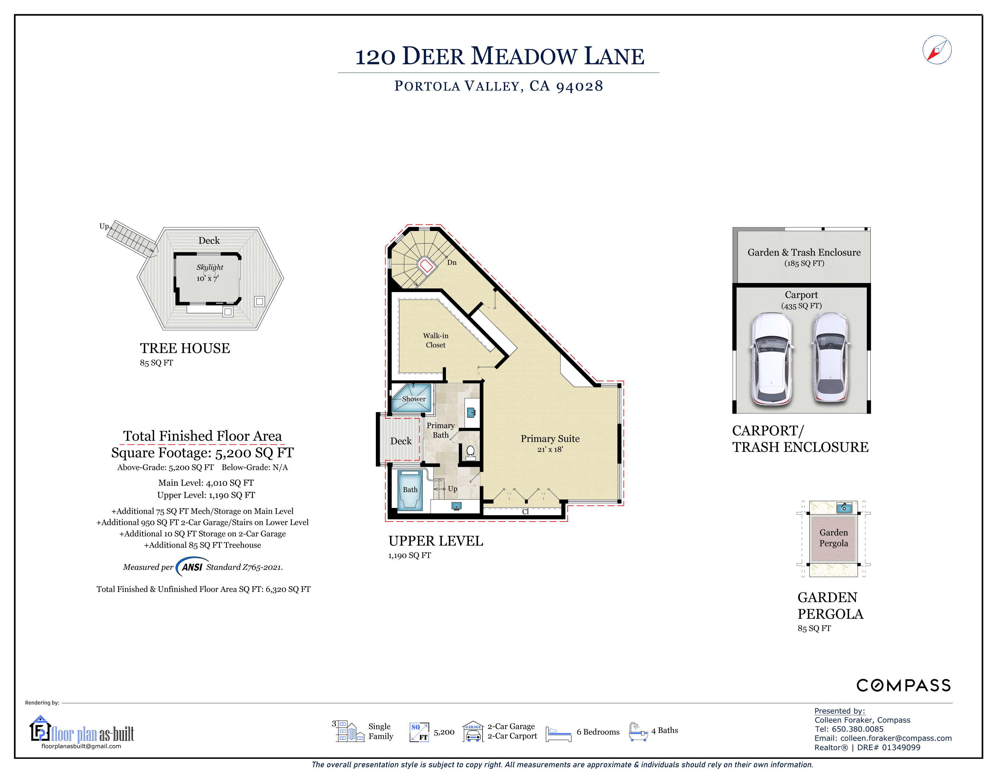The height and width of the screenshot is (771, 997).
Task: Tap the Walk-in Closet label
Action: pyautogui.click(x=435, y=340)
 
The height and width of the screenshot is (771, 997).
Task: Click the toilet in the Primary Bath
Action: pyautogui.click(x=470, y=452)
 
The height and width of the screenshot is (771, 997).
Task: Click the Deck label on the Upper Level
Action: pyautogui.click(x=401, y=441)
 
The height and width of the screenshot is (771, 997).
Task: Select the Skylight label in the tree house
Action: pyautogui.click(x=210, y=268)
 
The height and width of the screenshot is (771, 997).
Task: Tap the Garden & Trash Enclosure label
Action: pyautogui.click(x=804, y=252)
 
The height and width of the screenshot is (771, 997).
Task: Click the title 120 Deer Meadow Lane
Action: pyautogui.click(x=499, y=57)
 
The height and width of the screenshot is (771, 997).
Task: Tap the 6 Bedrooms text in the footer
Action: pyautogui.click(x=598, y=732)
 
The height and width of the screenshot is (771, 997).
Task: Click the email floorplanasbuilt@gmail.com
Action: pyautogui.click(x=81, y=746)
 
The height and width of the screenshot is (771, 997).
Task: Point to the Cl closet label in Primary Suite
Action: pyautogui.click(x=525, y=512)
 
